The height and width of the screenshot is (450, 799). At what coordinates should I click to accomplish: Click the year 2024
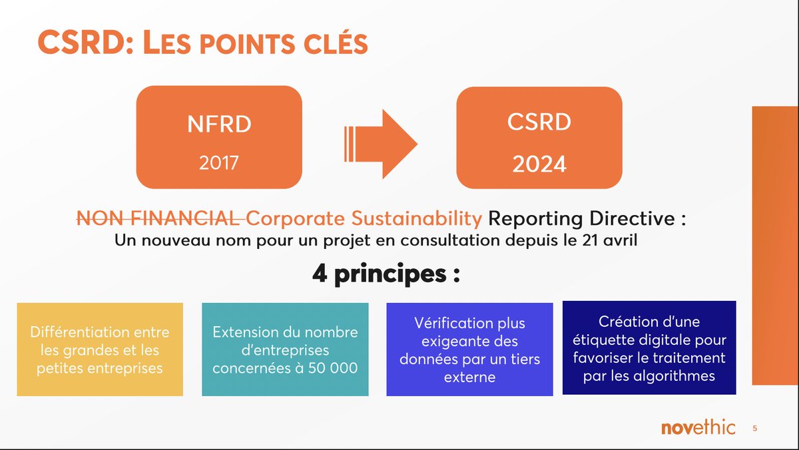click(x=539, y=164)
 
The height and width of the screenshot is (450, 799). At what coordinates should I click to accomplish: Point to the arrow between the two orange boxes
click(x=380, y=144)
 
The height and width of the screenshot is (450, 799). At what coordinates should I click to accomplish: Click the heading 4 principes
click(x=386, y=274)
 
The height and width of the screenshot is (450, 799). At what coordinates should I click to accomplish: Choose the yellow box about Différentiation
click(x=100, y=349)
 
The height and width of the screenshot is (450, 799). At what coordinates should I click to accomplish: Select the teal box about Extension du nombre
click(x=285, y=349)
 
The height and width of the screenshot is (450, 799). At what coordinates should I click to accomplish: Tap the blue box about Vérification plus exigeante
click(x=469, y=349)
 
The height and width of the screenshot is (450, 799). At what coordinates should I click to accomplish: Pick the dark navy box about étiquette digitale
click(x=649, y=347)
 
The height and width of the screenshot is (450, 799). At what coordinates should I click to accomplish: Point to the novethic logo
click(x=698, y=427)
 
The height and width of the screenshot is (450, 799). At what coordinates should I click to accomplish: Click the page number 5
click(x=754, y=429)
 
